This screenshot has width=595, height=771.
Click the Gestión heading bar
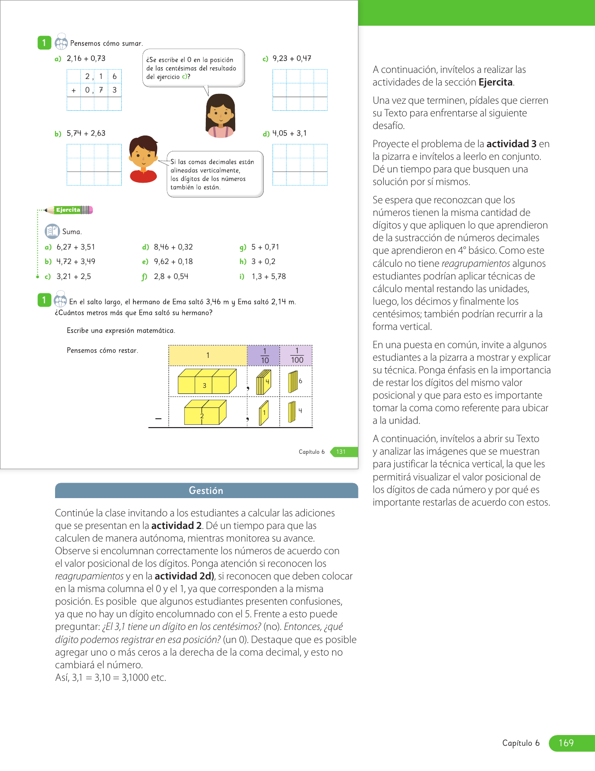tap(206, 491)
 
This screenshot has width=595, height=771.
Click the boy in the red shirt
tap(144, 159)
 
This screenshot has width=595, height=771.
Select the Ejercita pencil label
tap(69, 210)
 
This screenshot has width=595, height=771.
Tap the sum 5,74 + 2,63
tap(86, 133)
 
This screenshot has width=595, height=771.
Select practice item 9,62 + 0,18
tap(173, 262)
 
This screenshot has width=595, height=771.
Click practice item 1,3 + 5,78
tap(268, 277)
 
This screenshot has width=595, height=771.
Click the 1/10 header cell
tap(264, 356)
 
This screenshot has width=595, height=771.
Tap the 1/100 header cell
tap(296, 356)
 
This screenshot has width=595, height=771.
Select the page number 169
tap(566, 743)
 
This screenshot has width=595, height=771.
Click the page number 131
tap(341, 452)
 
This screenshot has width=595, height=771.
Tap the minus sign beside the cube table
tap(159, 419)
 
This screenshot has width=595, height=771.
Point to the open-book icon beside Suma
tap(52, 231)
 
